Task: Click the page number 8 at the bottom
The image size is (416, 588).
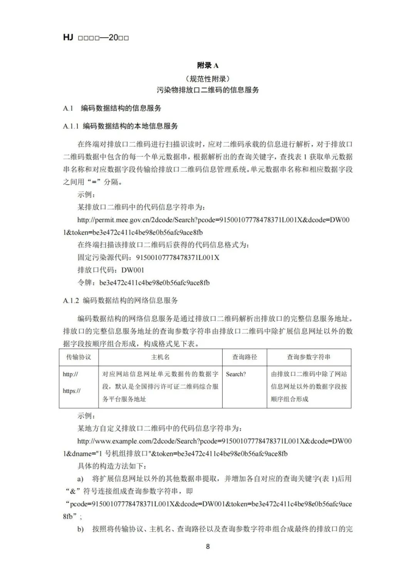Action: click(208, 546)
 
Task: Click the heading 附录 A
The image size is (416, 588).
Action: click(208, 65)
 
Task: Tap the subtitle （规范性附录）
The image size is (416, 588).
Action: click(208, 79)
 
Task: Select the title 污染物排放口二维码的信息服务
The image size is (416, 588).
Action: click(208, 90)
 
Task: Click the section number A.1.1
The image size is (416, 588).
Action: click(71, 126)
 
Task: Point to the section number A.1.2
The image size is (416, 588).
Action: click(71, 300)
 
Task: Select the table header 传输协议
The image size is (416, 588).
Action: click(79, 357)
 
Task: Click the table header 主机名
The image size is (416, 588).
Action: click(160, 357)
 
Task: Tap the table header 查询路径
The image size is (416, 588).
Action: click(244, 357)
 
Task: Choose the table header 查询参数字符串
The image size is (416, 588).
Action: click(309, 357)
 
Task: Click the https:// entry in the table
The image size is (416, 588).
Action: click(72, 391)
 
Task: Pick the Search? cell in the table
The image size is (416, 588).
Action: click(236, 374)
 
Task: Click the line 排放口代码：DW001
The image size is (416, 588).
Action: click(111, 270)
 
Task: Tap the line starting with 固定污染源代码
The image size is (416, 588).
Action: click(148, 257)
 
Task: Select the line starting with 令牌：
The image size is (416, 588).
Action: click(144, 283)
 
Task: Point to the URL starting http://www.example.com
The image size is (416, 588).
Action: click(214, 441)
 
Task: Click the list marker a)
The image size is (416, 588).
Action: click(80, 479)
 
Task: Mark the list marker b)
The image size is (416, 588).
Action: click(80, 529)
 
